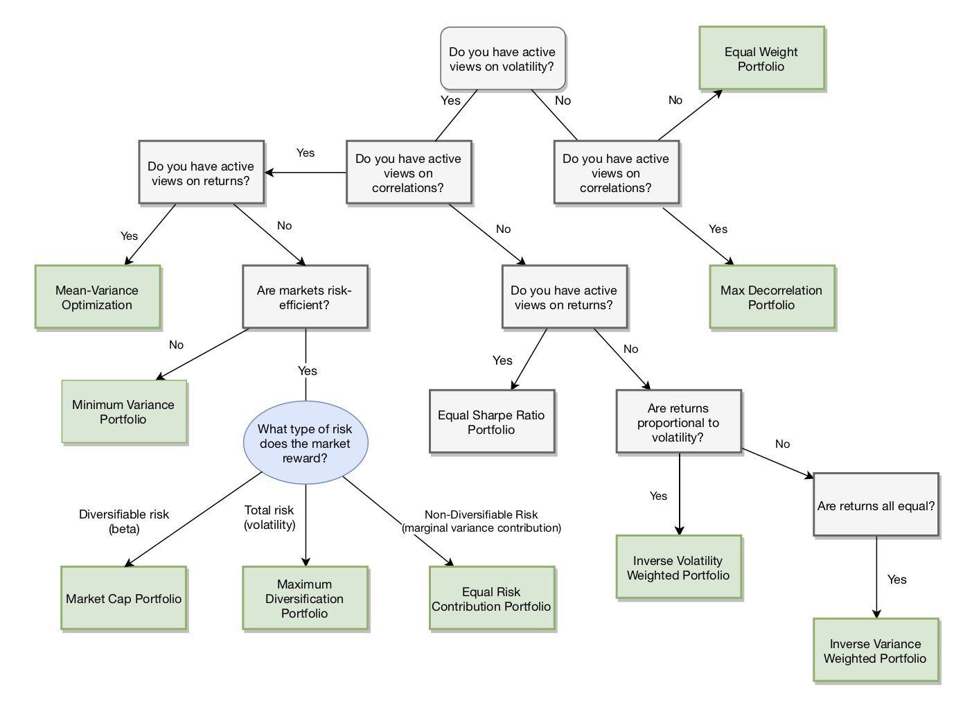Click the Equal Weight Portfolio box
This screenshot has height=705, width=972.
761,58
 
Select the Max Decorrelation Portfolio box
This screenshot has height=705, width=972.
772,297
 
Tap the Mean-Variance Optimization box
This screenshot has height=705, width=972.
98,297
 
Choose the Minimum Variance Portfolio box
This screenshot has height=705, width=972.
124,412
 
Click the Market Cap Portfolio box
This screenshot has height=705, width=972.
124,598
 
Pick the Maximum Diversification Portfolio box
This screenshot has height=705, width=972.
305,598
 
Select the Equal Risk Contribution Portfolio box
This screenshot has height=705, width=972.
492,598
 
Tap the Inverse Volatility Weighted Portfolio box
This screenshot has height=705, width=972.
679,567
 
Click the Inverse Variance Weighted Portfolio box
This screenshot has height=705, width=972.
876,650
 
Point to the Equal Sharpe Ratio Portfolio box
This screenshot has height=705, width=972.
492,421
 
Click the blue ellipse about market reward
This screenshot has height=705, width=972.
306,442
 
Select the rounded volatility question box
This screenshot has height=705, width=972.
503,58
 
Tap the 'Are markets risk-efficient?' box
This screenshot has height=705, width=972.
305,297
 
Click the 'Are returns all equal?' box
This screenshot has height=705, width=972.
876,505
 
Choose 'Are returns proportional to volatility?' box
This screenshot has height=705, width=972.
679,421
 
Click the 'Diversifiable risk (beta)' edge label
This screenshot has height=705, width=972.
124,521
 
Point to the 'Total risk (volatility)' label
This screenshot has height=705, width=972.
269,517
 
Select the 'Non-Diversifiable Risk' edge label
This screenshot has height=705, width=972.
481,514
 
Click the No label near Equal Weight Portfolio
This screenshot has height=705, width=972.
675,101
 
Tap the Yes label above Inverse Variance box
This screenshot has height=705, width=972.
897,580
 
